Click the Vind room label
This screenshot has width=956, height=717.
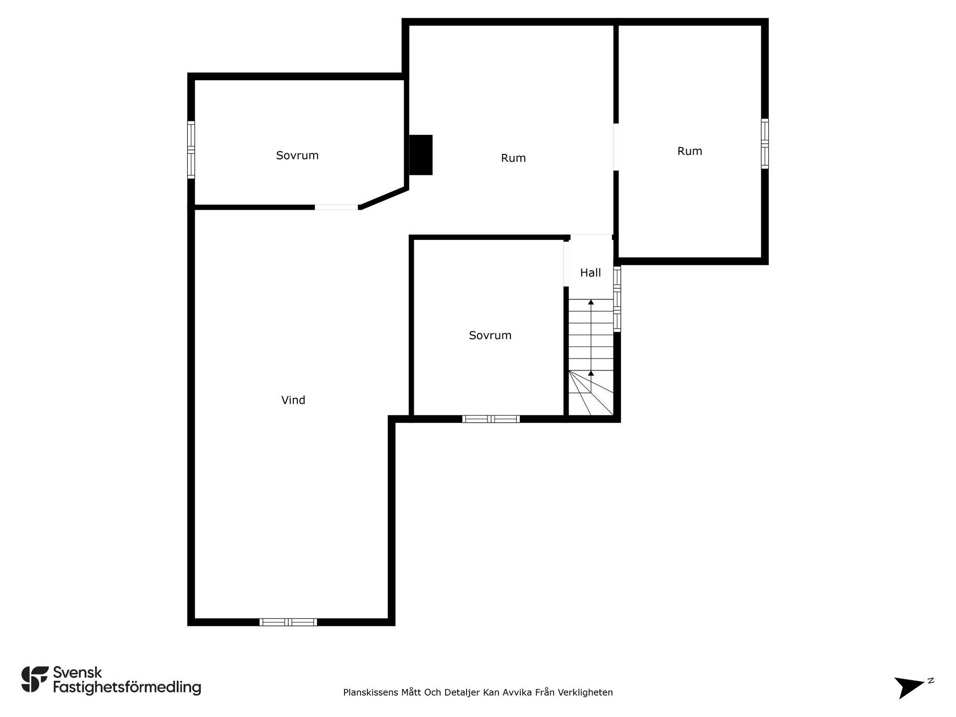pyautogui.click(x=293, y=400)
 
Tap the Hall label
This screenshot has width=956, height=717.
pyautogui.click(x=591, y=272)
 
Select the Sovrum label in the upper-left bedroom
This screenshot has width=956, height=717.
pyautogui.click(x=297, y=155)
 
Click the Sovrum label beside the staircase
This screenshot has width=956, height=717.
pyautogui.click(x=490, y=335)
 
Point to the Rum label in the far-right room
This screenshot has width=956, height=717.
pyautogui.click(x=690, y=151)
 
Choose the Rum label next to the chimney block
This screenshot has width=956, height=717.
pyautogui.click(x=513, y=158)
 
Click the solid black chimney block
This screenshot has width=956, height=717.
pyautogui.click(x=421, y=155)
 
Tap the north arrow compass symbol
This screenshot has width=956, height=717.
pyautogui.click(x=912, y=687)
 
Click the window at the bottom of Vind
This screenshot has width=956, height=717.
pyautogui.click(x=288, y=622)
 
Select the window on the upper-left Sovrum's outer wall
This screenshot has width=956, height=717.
pyautogui.click(x=191, y=149)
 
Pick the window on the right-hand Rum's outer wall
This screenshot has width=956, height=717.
pyautogui.click(x=765, y=143)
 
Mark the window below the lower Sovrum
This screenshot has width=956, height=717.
pyautogui.click(x=491, y=419)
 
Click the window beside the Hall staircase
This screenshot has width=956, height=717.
pyautogui.click(x=617, y=299)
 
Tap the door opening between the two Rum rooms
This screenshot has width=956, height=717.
pyautogui.click(x=616, y=147)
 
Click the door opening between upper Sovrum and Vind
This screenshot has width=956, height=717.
pyautogui.click(x=337, y=207)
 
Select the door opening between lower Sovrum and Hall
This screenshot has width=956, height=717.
pyautogui.click(x=566, y=264)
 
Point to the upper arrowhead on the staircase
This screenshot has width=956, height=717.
pyautogui.click(x=591, y=302)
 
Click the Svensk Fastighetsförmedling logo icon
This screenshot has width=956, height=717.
pyautogui.click(x=35, y=679)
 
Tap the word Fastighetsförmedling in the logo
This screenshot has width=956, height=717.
pyautogui.click(x=127, y=688)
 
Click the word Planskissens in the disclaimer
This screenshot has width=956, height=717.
pyautogui.click(x=371, y=692)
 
